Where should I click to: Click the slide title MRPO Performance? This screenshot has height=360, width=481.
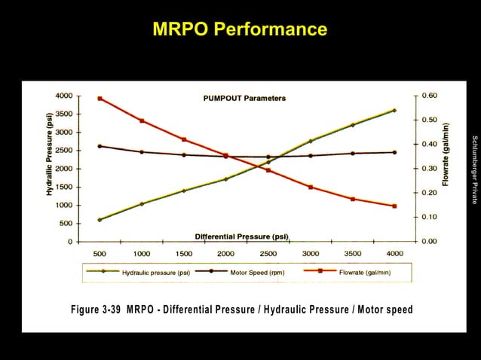click(240, 29)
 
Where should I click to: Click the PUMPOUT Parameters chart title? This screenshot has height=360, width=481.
click(244, 99)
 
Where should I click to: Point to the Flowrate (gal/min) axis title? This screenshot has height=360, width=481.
click(446, 154)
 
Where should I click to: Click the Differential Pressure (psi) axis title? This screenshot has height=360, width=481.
click(241, 236)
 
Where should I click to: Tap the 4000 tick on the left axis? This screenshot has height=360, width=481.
click(63, 96)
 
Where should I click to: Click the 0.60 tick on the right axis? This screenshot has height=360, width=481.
click(428, 96)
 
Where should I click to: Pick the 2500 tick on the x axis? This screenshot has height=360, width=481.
click(268, 254)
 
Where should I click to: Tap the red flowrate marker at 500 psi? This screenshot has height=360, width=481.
click(100, 99)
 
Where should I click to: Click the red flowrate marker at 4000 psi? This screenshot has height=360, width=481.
click(394, 206)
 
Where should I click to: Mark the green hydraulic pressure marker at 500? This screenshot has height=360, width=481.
click(100, 220)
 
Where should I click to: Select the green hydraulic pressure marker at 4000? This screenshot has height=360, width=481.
click(394, 111)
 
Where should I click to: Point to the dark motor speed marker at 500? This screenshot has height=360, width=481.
click(100, 146)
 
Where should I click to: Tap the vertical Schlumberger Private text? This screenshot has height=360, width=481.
click(474, 169)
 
